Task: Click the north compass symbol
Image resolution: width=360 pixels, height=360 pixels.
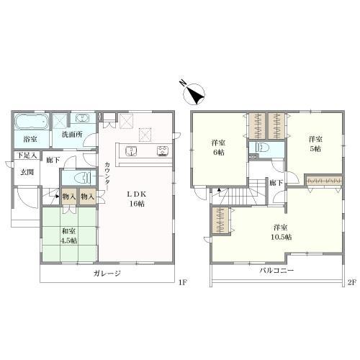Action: [x=194, y=93]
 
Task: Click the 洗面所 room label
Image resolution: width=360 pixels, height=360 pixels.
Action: [x=72, y=135]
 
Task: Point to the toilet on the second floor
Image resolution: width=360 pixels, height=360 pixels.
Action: [x=260, y=147]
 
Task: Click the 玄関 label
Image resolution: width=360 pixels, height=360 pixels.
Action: [x=27, y=172]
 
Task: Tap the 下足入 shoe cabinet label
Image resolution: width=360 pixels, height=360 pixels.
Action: [x=27, y=156]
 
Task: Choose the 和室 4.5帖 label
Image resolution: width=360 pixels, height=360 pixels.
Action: [x=69, y=235]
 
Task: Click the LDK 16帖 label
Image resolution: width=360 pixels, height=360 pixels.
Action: [x=137, y=199]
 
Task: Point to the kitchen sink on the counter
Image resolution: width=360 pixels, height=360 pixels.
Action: [x=131, y=151]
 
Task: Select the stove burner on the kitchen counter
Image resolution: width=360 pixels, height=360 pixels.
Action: [x=163, y=151]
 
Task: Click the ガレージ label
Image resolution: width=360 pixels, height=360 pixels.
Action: [x=107, y=273]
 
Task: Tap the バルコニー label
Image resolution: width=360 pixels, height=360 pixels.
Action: [x=276, y=271]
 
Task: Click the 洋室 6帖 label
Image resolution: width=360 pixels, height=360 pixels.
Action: [x=219, y=148]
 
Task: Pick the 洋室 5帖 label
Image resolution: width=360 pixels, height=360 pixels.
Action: [x=315, y=144]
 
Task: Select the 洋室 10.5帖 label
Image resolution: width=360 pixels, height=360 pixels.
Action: [x=281, y=232]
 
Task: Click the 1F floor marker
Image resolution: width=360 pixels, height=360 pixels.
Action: [x=182, y=282]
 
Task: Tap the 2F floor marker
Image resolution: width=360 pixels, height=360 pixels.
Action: [x=353, y=282]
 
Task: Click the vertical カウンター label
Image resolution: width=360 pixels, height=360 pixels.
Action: [x=107, y=176]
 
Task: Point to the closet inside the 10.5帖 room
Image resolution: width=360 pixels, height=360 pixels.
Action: [x=220, y=220]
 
